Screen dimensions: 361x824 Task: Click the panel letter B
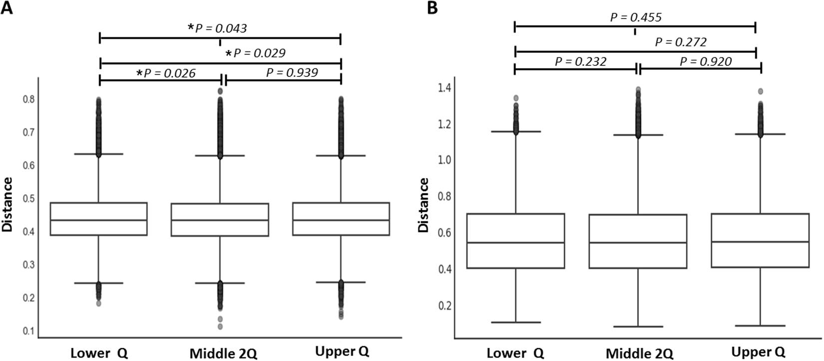[x=431, y=9]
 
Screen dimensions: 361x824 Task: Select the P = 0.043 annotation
[x=218, y=28]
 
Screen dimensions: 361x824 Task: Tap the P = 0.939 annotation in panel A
[x=292, y=73]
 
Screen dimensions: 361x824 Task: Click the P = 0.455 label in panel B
[x=636, y=17]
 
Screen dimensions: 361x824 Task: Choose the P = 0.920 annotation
[x=706, y=61]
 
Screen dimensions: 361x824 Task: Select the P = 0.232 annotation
[x=580, y=62]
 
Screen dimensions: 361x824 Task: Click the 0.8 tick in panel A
[x=29, y=99]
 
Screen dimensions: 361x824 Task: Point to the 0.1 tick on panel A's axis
[x=29, y=331]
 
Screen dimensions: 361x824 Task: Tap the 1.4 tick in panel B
[x=444, y=88]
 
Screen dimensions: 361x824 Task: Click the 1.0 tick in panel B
[x=444, y=160]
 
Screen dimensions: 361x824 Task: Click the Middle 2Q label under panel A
[x=223, y=353]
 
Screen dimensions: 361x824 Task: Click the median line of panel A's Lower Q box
[x=98, y=220]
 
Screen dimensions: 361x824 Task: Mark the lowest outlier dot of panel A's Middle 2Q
[x=220, y=327]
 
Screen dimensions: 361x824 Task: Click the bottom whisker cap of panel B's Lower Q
[x=515, y=322]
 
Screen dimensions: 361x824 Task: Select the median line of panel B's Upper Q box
[x=760, y=242]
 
